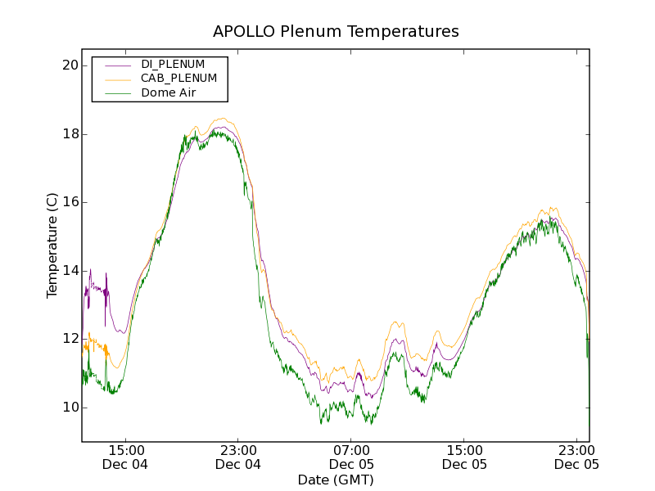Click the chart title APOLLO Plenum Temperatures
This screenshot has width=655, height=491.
336,32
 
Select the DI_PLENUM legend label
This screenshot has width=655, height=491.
173,64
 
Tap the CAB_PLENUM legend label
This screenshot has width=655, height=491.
178,79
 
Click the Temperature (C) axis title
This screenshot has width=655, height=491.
52,245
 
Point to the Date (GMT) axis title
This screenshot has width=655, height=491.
336,480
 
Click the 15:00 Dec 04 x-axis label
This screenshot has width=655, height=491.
126,457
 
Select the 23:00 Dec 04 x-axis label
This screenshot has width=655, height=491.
238,457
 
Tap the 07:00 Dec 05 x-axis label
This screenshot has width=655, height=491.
351,457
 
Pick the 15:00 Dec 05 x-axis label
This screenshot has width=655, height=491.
464,457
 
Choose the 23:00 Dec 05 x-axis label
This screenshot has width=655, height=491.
576,457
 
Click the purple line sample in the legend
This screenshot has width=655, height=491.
115,65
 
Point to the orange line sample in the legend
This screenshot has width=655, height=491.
115,79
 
